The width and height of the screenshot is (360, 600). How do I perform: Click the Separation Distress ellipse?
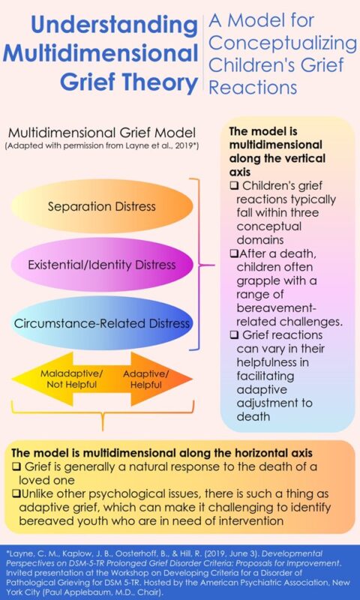click(102, 205)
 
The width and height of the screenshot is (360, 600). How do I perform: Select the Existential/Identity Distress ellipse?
click(102, 264)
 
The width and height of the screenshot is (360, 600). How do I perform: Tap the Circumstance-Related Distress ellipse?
click(102, 323)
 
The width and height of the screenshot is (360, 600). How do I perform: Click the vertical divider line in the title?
click(202, 56)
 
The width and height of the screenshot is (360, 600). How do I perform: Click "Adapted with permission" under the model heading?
click(71, 145)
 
